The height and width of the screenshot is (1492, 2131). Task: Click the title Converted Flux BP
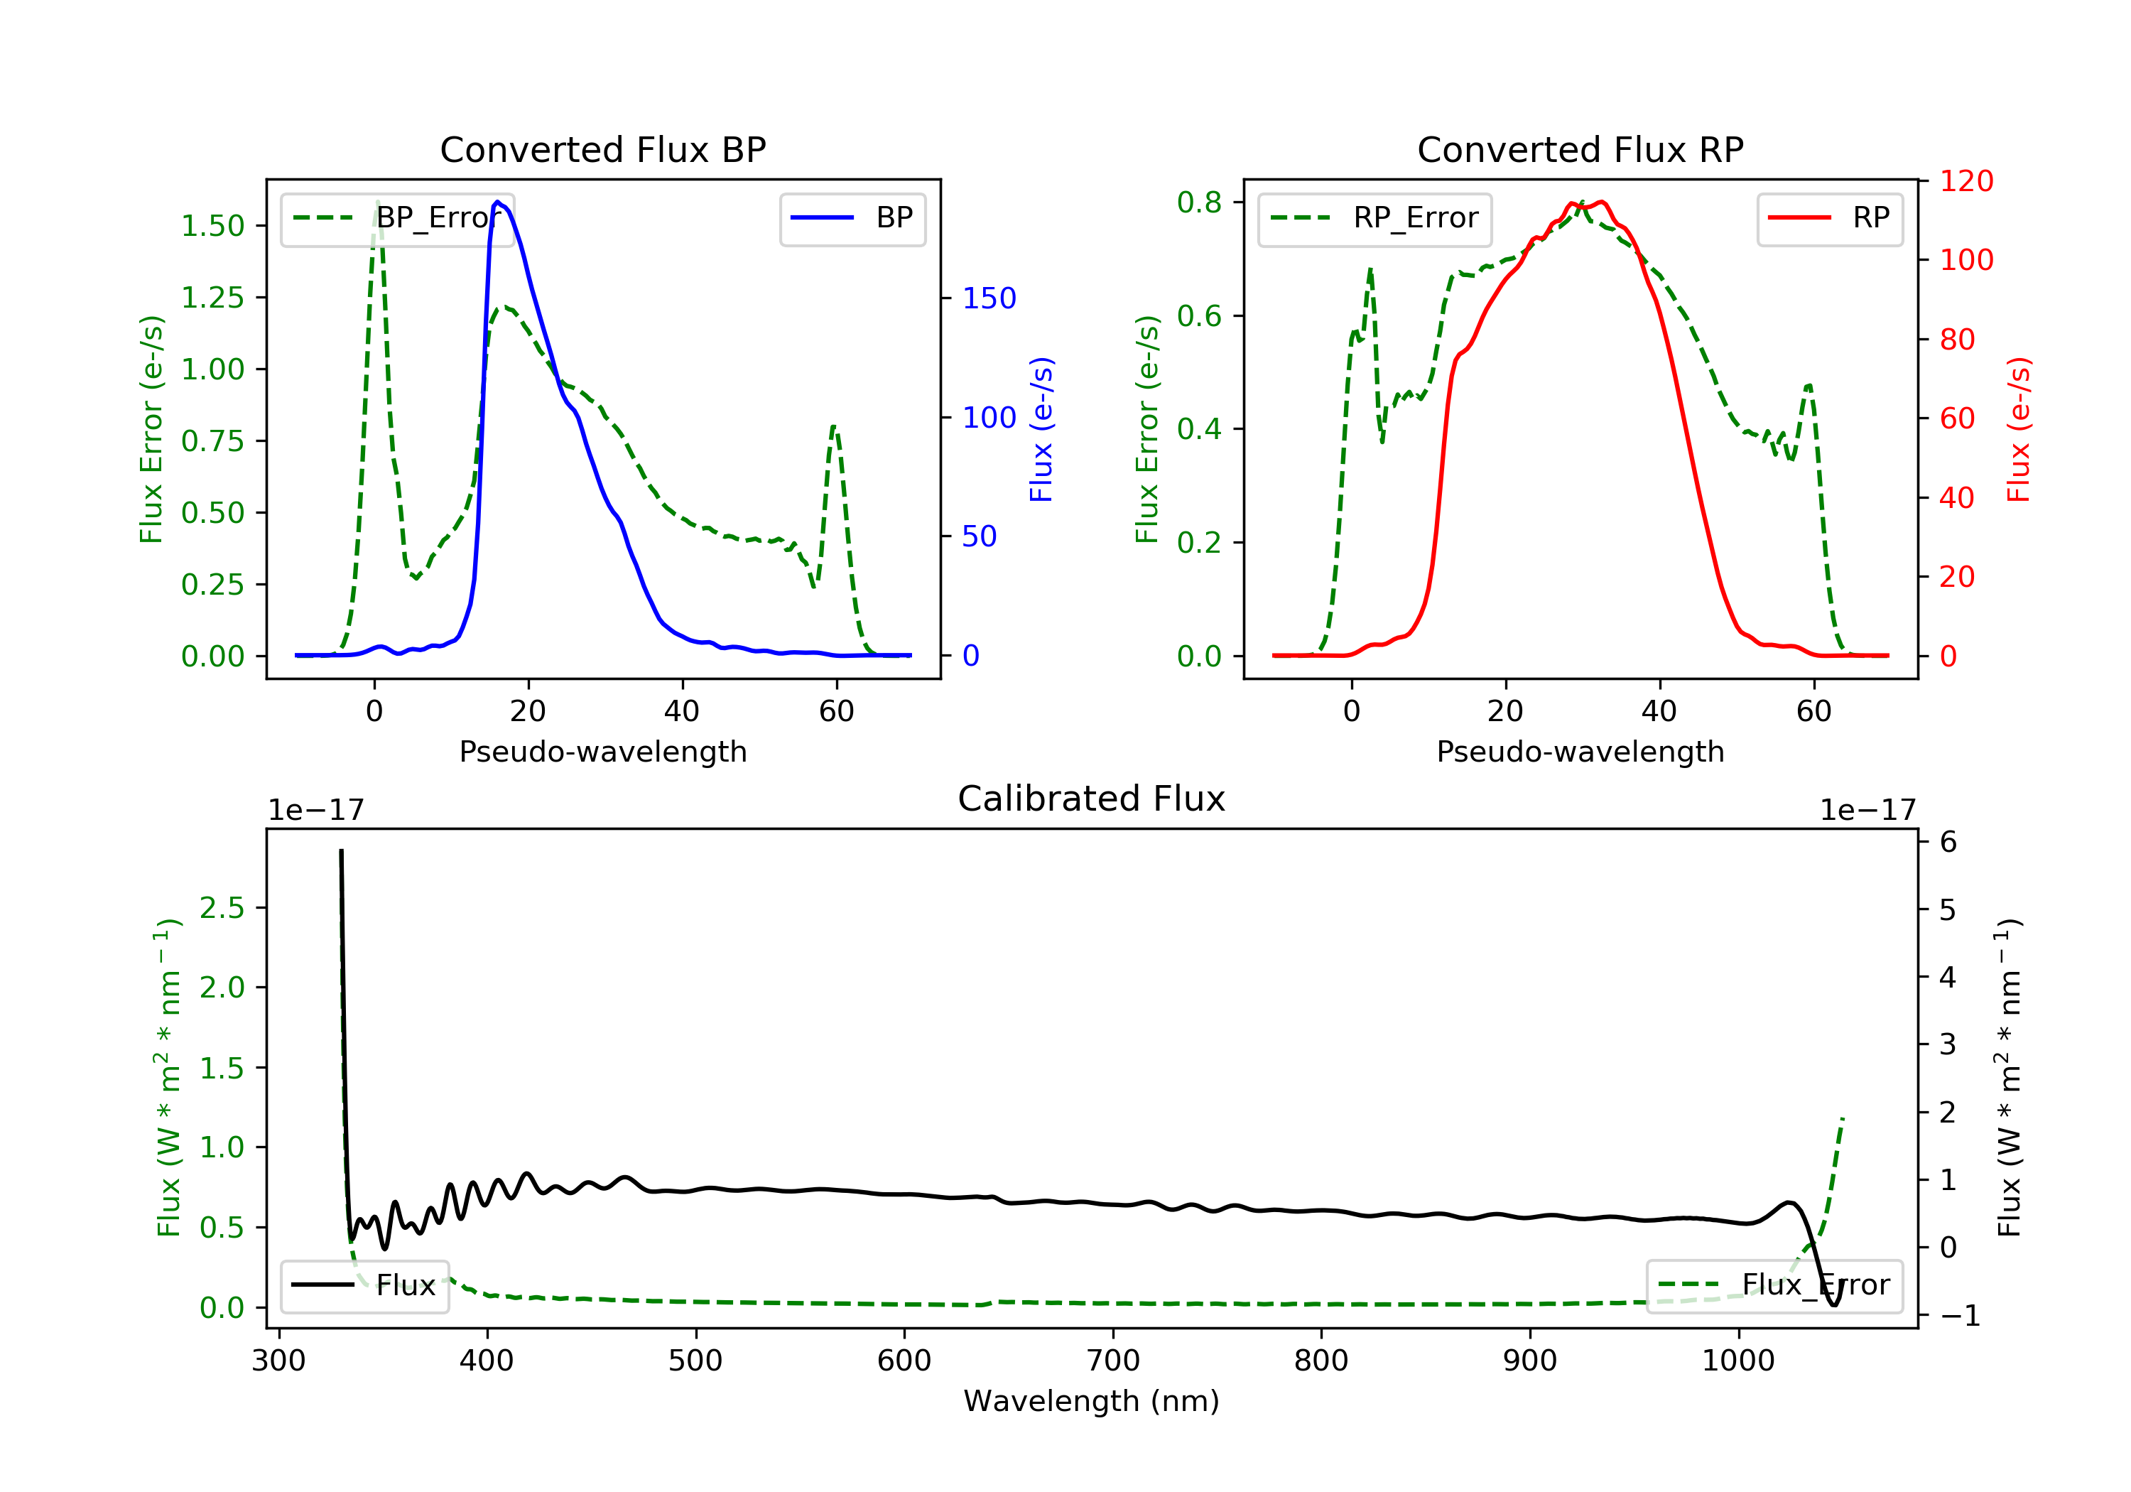[602, 149]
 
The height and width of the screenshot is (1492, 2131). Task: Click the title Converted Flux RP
[1580, 149]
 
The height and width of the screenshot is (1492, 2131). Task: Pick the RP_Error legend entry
[1374, 218]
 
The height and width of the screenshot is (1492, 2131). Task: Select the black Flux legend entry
[365, 1285]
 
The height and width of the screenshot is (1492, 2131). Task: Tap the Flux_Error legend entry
[1774, 1285]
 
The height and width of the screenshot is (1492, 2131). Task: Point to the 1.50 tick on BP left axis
[212, 226]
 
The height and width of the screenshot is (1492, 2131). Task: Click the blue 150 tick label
[989, 298]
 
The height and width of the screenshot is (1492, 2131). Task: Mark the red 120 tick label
[1965, 181]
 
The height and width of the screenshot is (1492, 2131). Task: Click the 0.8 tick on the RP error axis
[1199, 202]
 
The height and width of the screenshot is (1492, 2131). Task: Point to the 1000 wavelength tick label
[1737, 1361]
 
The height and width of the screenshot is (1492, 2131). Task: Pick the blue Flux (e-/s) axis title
[1041, 430]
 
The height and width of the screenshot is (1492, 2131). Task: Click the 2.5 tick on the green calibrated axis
[221, 908]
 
